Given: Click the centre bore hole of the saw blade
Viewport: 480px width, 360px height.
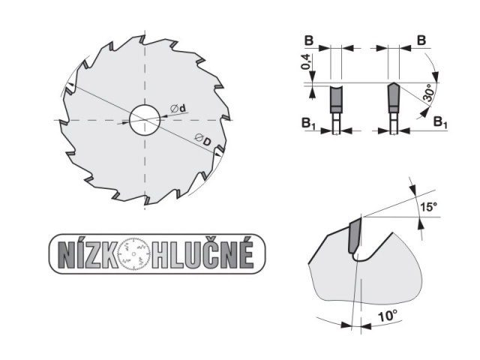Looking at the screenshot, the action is pyautogui.click(x=145, y=120).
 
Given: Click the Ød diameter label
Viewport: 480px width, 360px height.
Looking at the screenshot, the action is pyautogui.click(x=178, y=108).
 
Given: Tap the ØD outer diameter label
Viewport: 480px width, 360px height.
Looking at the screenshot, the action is pyautogui.click(x=203, y=140).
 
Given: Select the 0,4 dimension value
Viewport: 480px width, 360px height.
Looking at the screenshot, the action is pyautogui.click(x=306, y=61).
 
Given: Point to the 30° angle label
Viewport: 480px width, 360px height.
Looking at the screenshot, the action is pyautogui.click(x=428, y=92).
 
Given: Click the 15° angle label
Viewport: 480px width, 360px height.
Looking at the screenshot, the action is pyautogui.click(x=428, y=207).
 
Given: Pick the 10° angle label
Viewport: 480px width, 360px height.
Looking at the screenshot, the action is pyautogui.click(x=387, y=315).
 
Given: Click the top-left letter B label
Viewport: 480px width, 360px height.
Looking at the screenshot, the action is pyautogui.click(x=309, y=40).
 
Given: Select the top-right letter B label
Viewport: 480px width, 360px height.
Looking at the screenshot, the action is pyautogui.click(x=421, y=40).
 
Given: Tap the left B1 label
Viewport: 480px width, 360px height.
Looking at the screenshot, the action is pyautogui.click(x=308, y=123).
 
